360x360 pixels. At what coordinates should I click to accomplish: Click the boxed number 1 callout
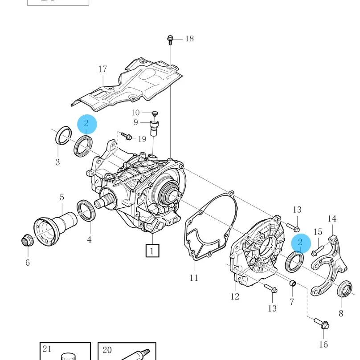[x=151, y=251]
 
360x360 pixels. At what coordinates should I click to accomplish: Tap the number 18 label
[x=189, y=39]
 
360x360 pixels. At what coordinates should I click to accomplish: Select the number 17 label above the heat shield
[x=102, y=69]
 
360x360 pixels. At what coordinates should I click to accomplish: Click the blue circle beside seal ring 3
[x=87, y=124]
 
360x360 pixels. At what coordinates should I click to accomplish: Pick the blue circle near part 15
[x=300, y=243]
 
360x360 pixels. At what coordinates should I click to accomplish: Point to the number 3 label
[x=57, y=162]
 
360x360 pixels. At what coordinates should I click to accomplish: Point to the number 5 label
[x=62, y=197]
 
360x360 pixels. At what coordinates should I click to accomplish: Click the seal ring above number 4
[x=86, y=210]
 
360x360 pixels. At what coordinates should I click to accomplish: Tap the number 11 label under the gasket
[x=193, y=278]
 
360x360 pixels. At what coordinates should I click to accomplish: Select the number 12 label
[x=235, y=296]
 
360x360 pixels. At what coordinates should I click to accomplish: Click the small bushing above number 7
[x=293, y=283]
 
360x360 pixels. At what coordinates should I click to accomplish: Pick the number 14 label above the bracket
[x=332, y=218]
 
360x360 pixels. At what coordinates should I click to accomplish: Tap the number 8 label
[x=341, y=313]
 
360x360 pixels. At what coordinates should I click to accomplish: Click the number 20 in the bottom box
[x=107, y=350]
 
